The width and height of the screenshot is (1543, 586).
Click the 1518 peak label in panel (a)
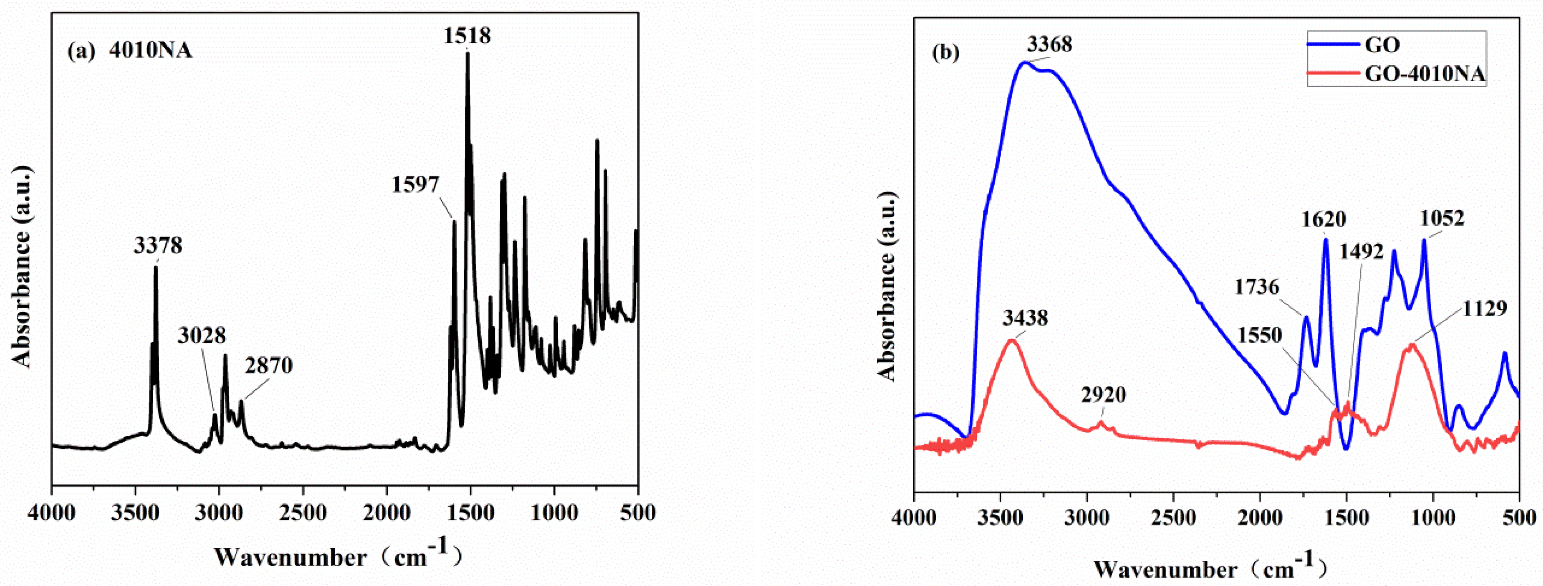[467, 36]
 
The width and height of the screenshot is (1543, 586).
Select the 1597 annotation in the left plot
[416, 185]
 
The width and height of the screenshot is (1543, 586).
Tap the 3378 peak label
[158, 245]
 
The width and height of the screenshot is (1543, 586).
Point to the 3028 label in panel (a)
[202, 336]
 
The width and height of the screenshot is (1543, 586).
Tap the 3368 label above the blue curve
[1049, 44]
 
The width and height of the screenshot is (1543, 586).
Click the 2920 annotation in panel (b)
[1103, 395]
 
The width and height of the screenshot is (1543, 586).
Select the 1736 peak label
[1257, 287]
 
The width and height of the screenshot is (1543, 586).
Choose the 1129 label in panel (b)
[1484, 309]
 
